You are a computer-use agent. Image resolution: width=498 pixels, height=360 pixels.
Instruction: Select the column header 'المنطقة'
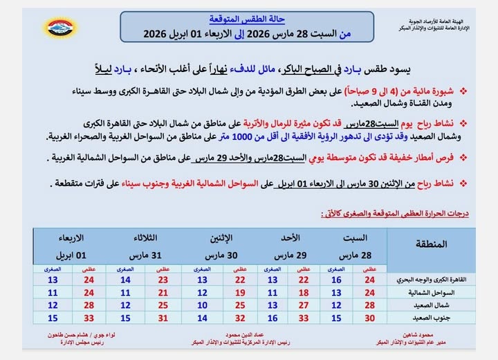[x=432, y=244]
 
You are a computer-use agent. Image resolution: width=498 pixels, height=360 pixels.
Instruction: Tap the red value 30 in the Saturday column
[x=369, y=317]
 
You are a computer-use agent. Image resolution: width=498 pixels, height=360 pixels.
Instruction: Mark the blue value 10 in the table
[x=202, y=305]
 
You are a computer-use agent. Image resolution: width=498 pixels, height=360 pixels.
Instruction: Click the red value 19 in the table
[x=240, y=292]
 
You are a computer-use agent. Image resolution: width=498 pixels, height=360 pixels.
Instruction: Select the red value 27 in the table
[x=303, y=305]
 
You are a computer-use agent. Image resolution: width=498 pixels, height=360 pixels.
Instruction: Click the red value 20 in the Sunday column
[x=303, y=292]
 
